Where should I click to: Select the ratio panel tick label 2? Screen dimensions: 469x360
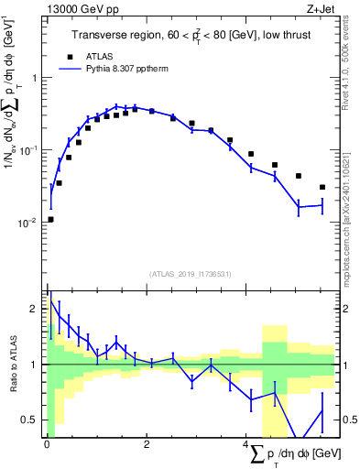(x=36, y=309)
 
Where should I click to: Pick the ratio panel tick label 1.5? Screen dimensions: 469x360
(x=32, y=336)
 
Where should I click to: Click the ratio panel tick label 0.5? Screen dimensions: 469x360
(x=32, y=420)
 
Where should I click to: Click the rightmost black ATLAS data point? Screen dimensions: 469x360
(x=322, y=187)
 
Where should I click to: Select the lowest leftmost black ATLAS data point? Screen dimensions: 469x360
(x=50, y=219)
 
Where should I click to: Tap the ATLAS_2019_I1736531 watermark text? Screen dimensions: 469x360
(x=190, y=274)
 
